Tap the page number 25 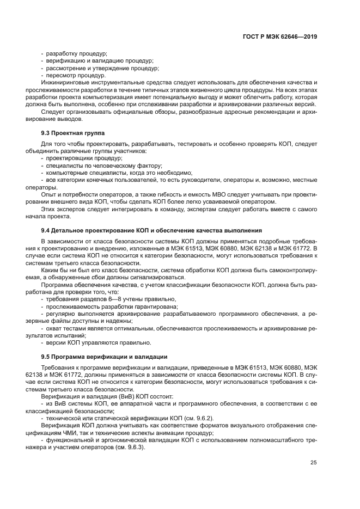[x=313, y=463]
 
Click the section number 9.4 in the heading [x=46, y=230]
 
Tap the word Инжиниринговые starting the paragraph [x=64, y=83]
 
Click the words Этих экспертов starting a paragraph [x=60, y=208]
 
